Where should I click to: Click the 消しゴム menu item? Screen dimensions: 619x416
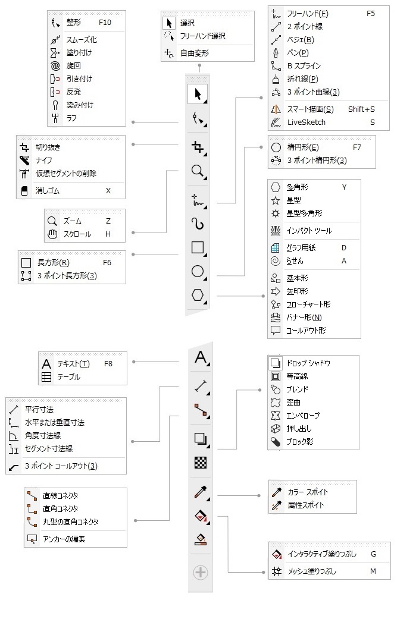[x=47, y=191]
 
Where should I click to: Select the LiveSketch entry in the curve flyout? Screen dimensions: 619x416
[x=306, y=122]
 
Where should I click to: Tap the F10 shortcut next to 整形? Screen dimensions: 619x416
[x=105, y=22]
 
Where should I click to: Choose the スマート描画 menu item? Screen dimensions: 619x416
[x=310, y=109]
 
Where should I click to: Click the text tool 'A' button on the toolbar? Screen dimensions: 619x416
[x=200, y=357]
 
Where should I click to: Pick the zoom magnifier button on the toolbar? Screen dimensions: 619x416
[x=198, y=171]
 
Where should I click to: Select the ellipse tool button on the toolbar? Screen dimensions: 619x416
[x=198, y=272]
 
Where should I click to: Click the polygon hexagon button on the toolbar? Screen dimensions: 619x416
[x=198, y=295]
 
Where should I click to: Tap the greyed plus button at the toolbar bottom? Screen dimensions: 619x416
[x=201, y=572]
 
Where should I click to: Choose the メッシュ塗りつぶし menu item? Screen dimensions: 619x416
[x=312, y=571]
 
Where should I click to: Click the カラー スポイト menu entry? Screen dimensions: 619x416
[x=308, y=492]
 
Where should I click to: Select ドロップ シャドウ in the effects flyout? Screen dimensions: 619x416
[x=308, y=363]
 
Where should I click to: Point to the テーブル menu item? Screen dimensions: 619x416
[x=68, y=377]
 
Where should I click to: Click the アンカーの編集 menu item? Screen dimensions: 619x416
[x=64, y=539]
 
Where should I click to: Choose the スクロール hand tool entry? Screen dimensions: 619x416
[x=77, y=234]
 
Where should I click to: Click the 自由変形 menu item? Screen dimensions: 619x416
[x=194, y=53]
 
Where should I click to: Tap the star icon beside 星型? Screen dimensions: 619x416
[x=276, y=200]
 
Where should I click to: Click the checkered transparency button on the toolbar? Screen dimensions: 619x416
[x=201, y=462]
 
